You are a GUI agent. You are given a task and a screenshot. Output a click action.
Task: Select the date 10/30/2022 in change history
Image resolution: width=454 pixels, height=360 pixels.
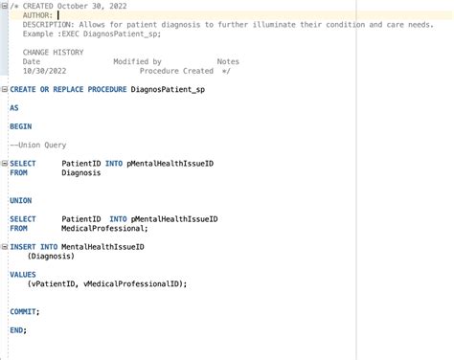tap(43, 71)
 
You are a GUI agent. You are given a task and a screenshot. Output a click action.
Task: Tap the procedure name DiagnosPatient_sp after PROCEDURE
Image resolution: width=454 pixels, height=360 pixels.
tap(167, 89)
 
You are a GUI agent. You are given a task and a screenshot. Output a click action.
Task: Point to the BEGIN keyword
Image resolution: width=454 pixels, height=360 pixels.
tap(20, 126)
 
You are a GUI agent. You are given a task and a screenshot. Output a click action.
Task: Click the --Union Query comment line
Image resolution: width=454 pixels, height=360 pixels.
tap(37, 145)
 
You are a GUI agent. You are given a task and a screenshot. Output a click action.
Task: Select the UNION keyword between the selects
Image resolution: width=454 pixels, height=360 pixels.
tap(20, 200)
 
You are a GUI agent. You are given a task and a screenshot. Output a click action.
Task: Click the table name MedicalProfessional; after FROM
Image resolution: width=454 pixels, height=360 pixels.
tap(104, 228)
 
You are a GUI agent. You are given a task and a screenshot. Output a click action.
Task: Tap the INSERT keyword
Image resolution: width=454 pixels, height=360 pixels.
tap(22, 247)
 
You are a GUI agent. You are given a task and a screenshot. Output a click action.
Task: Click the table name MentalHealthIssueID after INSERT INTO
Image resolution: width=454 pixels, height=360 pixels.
tap(102, 247)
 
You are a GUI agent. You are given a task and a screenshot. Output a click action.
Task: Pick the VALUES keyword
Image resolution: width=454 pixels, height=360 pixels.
tap(22, 275)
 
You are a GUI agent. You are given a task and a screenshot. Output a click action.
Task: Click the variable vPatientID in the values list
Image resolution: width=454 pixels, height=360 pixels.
tap(53, 283)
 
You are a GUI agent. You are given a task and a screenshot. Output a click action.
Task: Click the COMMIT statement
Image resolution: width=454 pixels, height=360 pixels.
tap(24, 311)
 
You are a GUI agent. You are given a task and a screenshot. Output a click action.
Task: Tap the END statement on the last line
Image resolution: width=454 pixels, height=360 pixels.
tap(17, 330)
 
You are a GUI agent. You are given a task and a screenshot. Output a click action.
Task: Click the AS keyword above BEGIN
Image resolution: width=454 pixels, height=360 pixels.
tap(14, 108)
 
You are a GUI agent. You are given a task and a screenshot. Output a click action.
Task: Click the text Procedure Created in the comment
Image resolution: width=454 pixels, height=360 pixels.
tap(176, 71)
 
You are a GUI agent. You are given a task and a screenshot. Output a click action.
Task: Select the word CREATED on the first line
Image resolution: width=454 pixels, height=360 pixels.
tap(41, 6)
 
